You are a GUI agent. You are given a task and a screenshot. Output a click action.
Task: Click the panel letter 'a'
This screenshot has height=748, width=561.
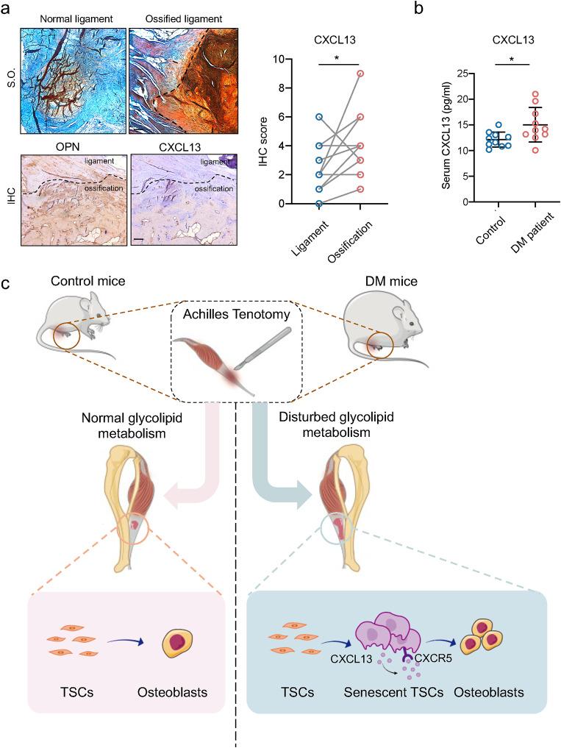[6, 8]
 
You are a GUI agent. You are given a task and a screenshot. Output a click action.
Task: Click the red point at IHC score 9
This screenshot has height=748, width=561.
[360, 73]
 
